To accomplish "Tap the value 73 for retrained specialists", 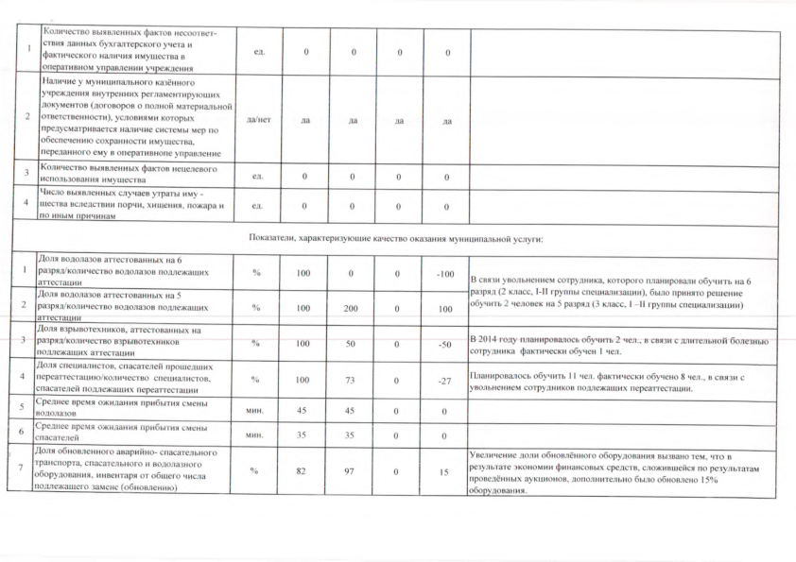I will (x=352, y=380).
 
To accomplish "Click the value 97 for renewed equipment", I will (x=352, y=471).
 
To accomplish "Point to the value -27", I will (x=440, y=380).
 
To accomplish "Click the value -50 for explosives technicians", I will (x=440, y=344).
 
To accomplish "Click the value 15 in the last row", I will (x=440, y=471).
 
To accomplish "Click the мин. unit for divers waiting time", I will (x=254, y=409).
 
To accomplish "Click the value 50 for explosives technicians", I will (x=352, y=344).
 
